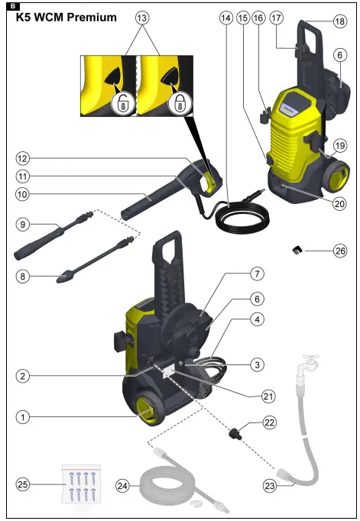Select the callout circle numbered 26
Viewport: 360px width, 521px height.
point(340,250)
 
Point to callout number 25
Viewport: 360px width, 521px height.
point(24,484)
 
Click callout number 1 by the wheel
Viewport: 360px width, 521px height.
point(24,417)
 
